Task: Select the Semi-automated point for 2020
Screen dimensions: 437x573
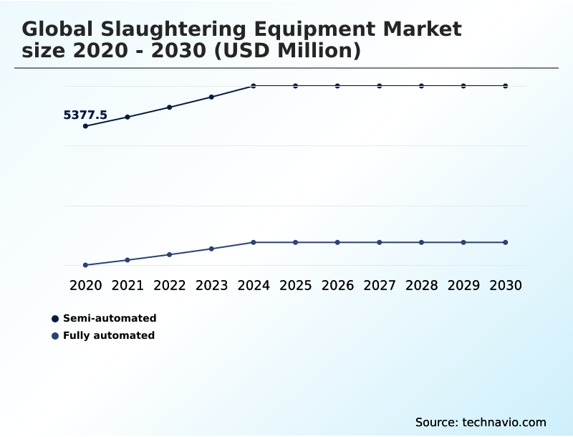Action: (85, 126)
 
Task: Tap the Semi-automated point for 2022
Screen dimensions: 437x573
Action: (170, 107)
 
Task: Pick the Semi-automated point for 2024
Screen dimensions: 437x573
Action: (254, 86)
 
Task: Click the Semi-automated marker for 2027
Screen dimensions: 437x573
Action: (380, 86)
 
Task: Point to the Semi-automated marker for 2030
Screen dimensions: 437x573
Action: (506, 86)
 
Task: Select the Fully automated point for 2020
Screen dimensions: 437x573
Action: (85, 265)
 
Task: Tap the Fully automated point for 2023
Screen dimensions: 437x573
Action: (211, 249)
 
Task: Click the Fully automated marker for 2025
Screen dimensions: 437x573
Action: (295, 242)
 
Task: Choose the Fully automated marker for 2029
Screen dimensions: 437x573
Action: (463, 242)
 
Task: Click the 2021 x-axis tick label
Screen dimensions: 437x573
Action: (127, 285)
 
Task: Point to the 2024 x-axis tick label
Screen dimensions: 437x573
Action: (254, 285)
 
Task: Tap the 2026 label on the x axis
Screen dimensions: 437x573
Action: (337, 285)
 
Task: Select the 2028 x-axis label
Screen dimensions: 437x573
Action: (421, 285)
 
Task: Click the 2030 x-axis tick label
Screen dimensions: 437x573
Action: (506, 285)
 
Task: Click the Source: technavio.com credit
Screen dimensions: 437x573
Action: (481, 422)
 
